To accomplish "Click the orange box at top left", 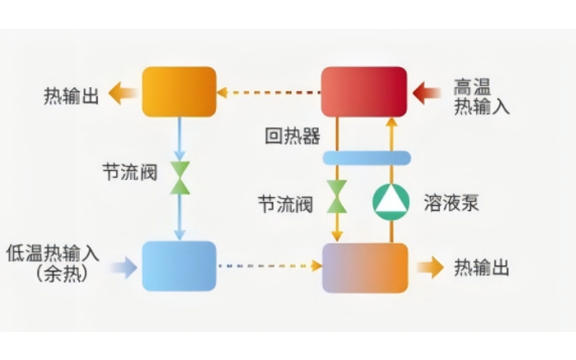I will pyautogui.click(x=179, y=91).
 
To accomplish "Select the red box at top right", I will pyautogui.click(x=364, y=91).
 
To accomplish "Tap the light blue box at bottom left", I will pyautogui.click(x=179, y=266).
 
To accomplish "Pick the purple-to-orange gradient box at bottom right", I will pyautogui.click(x=364, y=268).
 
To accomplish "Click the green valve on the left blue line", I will pyautogui.click(x=179, y=178).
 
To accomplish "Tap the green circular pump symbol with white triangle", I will pyautogui.click(x=391, y=202).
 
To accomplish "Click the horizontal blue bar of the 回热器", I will pyautogui.click(x=366, y=158).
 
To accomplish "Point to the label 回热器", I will pyautogui.click(x=292, y=136).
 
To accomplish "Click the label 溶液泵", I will pyautogui.click(x=451, y=202).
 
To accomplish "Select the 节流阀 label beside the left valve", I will pyautogui.click(x=128, y=174).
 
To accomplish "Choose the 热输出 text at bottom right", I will pyautogui.click(x=482, y=269).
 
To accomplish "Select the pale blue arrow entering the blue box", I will pyautogui.click(x=124, y=268).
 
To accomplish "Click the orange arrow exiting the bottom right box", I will pyautogui.click(x=431, y=268).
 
